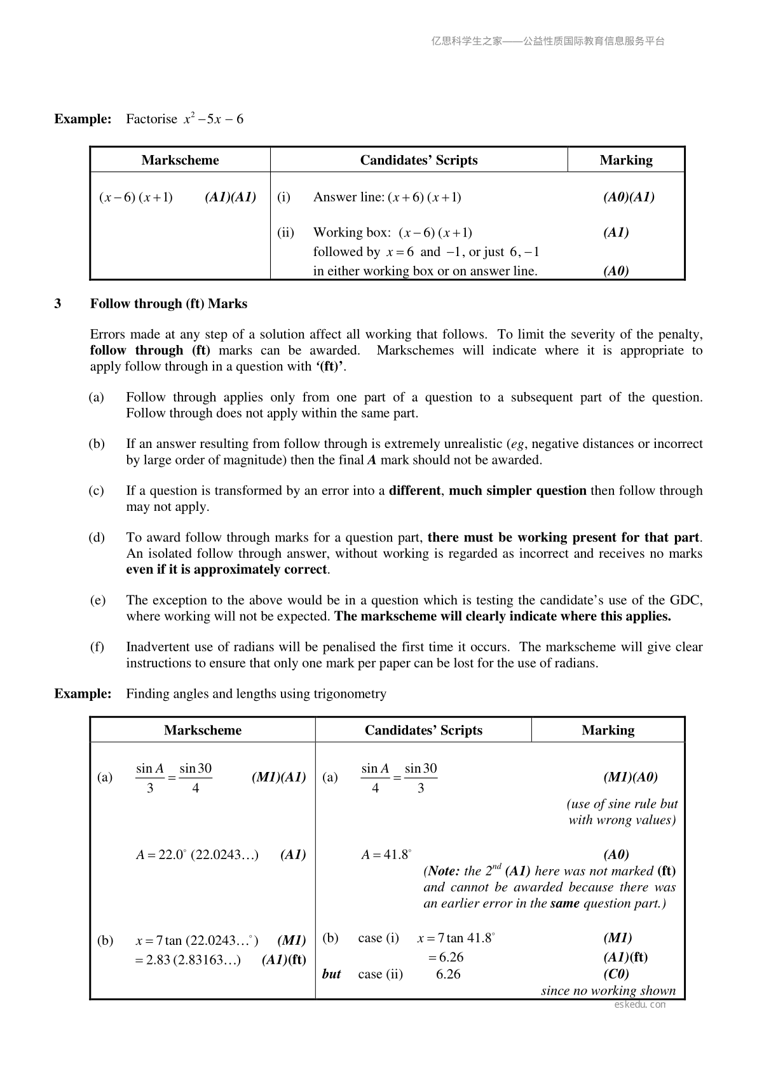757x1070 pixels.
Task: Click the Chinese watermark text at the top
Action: (x=548, y=41)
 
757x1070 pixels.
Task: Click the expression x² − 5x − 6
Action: (x=214, y=119)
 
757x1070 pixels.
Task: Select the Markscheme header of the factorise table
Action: (x=180, y=160)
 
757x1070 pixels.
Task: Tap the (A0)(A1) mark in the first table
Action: (x=629, y=197)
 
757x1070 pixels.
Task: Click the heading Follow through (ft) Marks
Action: (x=168, y=304)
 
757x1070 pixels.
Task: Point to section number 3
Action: (x=58, y=304)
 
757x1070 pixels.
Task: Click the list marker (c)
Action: (x=97, y=491)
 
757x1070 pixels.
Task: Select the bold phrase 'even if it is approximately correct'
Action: (x=226, y=569)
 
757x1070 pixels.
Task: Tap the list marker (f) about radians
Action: (x=97, y=647)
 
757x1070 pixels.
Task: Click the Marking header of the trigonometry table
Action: (x=608, y=730)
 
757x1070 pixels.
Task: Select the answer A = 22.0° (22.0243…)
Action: (x=197, y=855)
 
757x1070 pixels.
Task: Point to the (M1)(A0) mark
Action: (x=630, y=776)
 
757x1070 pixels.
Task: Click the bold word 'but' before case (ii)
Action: (x=331, y=974)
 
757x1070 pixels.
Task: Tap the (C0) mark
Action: (x=616, y=974)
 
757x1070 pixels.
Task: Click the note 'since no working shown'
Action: (x=608, y=991)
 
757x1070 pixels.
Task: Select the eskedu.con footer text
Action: (x=640, y=1005)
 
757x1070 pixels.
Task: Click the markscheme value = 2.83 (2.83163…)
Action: (x=188, y=959)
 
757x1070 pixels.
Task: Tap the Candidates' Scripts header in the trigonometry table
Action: (x=423, y=730)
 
